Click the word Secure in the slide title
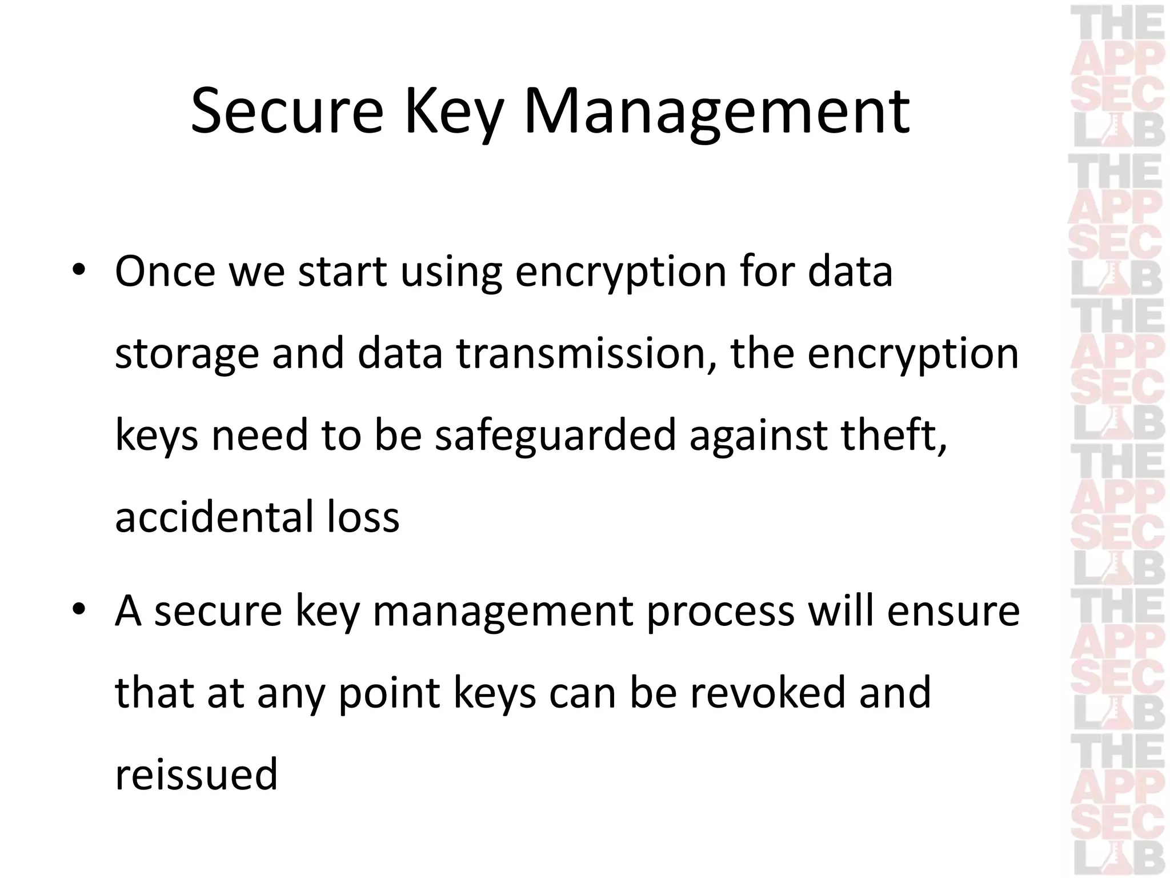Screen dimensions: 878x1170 point(287,111)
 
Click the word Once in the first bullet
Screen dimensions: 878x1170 point(165,272)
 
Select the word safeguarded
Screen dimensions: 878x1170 point(555,434)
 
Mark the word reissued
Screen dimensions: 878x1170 point(196,774)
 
